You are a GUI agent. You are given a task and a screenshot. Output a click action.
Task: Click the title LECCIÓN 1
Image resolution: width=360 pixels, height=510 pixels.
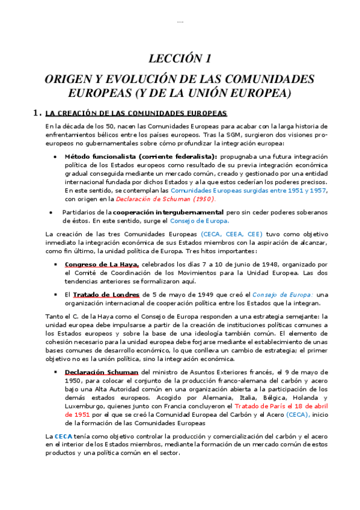pyautogui.click(x=180, y=58)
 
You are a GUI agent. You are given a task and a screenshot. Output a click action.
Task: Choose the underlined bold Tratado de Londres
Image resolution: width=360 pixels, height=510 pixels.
pyautogui.click(x=106, y=295)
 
